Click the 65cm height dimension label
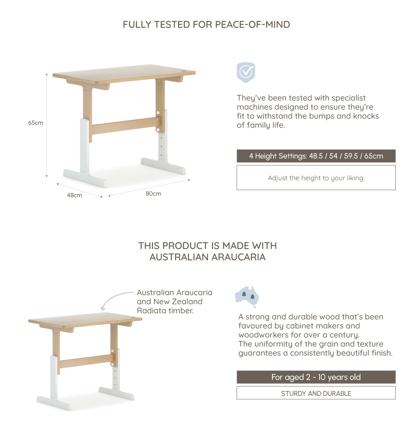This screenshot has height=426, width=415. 35,123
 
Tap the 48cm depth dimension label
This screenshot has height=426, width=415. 74,195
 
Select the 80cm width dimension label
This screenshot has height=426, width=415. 153,194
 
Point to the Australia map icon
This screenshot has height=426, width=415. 247,296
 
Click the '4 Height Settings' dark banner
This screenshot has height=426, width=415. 316,156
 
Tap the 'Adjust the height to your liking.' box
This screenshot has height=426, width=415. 316,178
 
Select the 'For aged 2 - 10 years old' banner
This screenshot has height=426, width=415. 316,377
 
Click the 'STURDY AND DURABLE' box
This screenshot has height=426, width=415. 316,393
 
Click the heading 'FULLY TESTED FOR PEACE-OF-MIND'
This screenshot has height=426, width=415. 206,25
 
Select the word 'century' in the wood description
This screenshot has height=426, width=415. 344,335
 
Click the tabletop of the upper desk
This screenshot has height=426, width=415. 124,73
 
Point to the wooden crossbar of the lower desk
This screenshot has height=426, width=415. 85,361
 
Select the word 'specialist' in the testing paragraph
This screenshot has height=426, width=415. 347,98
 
